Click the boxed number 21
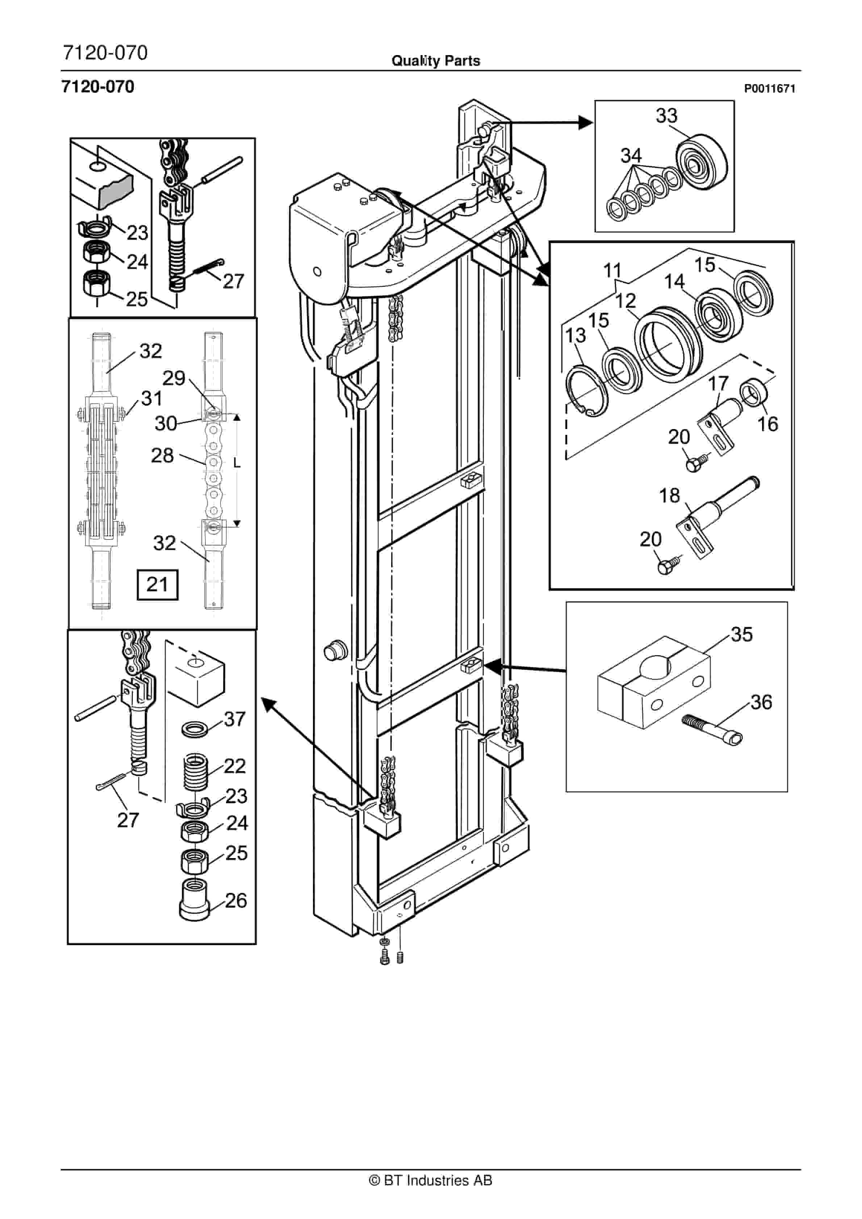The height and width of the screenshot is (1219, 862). pos(157,584)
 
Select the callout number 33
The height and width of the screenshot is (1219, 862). pos(667,116)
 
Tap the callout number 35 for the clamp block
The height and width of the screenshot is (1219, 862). pos(741,635)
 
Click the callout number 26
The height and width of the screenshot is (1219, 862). pos(236,900)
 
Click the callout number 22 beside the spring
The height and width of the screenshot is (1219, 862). pos(235,766)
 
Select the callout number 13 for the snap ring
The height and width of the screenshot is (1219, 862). pos(576,336)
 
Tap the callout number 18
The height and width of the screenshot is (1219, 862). pos(669,496)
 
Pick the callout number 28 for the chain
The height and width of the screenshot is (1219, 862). pos(162,455)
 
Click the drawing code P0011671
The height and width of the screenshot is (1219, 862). pos(769,89)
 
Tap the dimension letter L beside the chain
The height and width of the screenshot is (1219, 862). pos(237,463)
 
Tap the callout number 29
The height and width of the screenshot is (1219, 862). pos(173,379)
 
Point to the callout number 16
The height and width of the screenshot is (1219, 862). pos(767,424)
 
